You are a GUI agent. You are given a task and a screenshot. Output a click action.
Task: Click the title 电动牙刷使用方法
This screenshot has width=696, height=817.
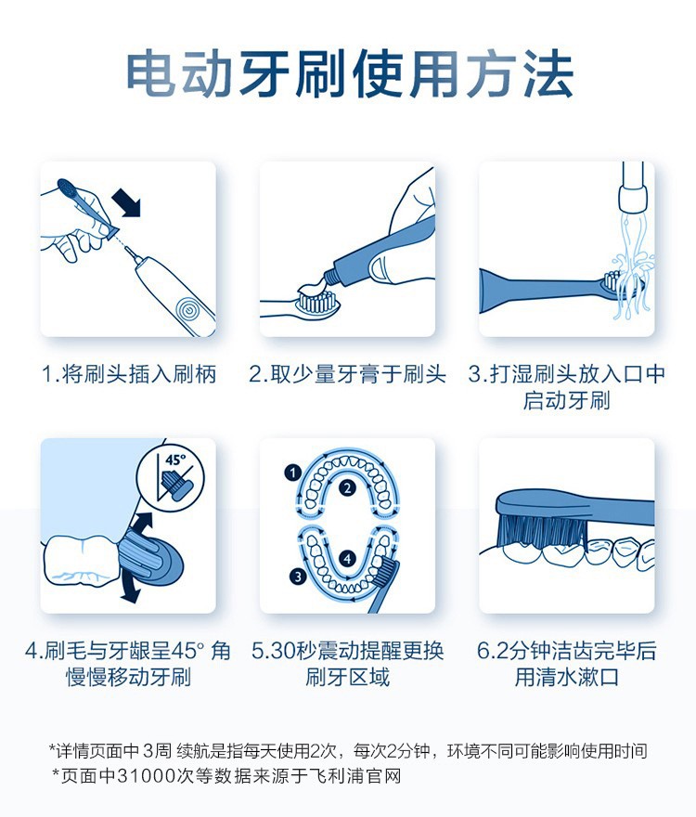pyautogui.click(x=350, y=73)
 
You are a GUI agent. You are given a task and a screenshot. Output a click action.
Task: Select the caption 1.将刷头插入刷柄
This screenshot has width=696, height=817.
pyautogui.click(x=129, y=374)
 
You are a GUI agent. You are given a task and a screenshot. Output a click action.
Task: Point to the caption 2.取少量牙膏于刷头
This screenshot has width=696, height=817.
pyautogui.click(x=347, y=374)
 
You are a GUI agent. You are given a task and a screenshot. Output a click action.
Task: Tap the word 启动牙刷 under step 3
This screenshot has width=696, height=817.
pyautogui.click(x=566, y=401)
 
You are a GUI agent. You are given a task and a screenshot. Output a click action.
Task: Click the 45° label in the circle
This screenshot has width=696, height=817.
pyautogui.click(x=175, y=459)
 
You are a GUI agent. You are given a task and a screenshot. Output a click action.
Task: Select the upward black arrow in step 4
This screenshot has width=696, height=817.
pyautogui.click(x=141, y=523)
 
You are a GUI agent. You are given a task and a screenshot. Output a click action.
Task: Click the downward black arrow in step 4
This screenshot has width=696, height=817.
pyautogui.click(x=129, y=590)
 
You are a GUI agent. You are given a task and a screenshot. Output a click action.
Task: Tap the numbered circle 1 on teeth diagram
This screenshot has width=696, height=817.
pyautogui.click(x=292, y=473)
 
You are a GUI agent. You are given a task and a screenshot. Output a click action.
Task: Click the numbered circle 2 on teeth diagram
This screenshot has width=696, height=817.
pyautogui.click(x=347, y=488)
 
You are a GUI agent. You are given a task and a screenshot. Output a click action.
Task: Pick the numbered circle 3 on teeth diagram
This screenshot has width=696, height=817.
pyautogui.click(x=298, y=577)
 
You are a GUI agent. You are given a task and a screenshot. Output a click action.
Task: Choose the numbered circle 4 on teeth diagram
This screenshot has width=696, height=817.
pyautogui.click(x=347, y=559)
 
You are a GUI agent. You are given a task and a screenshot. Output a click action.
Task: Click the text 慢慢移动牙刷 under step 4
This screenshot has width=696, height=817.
pyautogui.click(x=129, y=678)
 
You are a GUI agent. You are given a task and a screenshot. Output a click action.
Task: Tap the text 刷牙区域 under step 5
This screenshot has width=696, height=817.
pyautogui.click(x=347, y=678)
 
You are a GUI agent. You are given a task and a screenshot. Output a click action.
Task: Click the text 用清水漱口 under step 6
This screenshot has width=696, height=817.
pyautogui.click(x=567, y=678)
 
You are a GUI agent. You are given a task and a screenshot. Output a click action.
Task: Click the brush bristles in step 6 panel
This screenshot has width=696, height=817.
pyautogui.click(x=542, y=530)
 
